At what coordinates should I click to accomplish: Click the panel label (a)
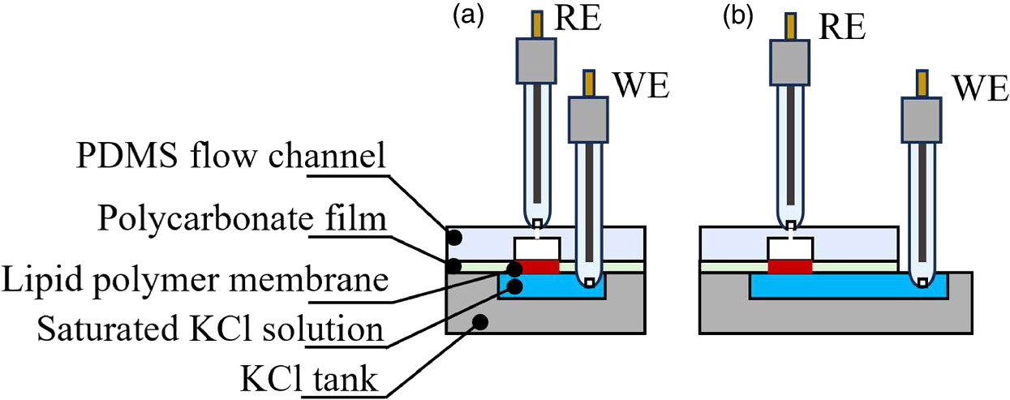[x=468, y=17]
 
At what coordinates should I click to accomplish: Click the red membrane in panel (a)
[x=536, y=266]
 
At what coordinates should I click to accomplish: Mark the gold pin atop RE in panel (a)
[x=535, y=24]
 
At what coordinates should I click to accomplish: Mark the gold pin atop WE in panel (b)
[x=922, y=84]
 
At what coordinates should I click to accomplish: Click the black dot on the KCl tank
[x=479, y=320]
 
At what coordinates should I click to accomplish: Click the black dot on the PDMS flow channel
[x=456, y=237]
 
